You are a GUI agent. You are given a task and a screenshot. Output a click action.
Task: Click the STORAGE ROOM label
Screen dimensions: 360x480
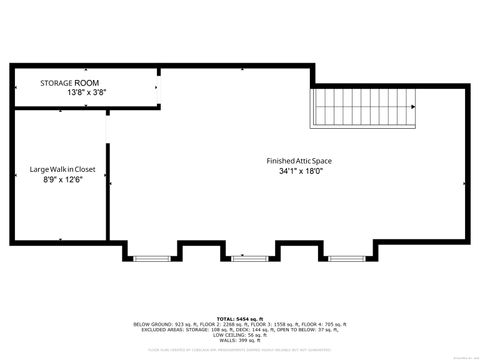(69, 82)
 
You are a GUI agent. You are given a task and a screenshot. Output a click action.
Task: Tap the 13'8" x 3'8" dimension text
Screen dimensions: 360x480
(86, 92)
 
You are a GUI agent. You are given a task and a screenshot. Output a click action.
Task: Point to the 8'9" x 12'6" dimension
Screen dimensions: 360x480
(62, 181)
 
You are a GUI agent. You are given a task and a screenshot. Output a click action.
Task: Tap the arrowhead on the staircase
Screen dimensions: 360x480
(412, 107)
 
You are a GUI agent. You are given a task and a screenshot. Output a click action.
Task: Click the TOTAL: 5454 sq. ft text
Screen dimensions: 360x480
(240, 317)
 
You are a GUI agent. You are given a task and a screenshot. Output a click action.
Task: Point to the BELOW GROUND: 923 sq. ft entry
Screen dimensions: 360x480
(163, 324)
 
